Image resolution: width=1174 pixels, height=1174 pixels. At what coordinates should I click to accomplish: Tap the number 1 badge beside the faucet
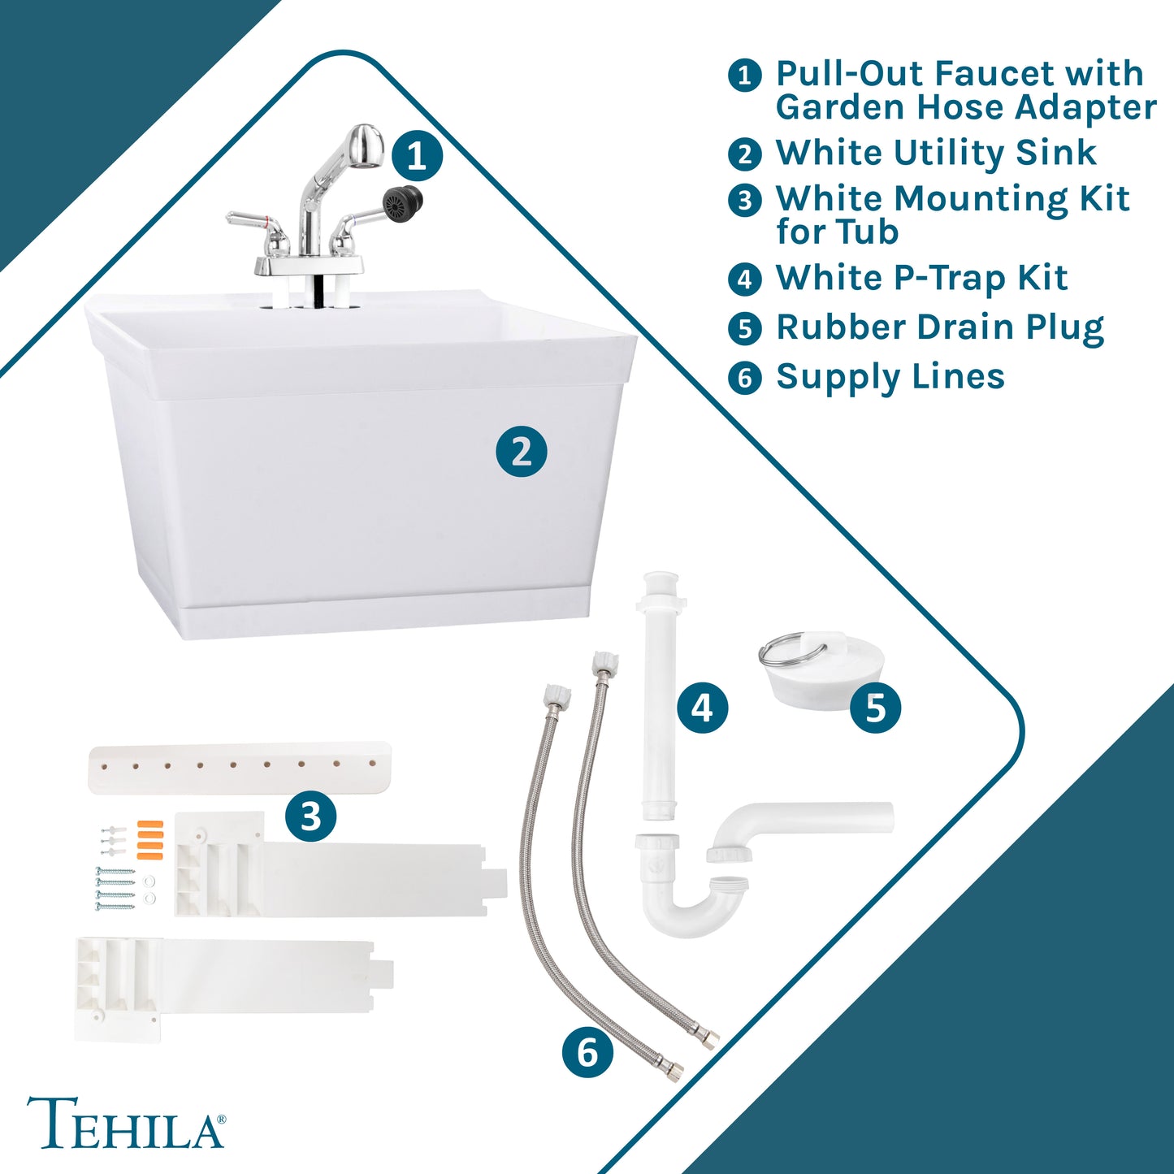pos(417,156)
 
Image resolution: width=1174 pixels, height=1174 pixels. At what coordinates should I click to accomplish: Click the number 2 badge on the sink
pos(522,452)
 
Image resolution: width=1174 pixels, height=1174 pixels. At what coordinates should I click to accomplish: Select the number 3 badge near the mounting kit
pos(310,817)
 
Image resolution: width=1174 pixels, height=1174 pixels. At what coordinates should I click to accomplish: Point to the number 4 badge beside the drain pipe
pos(703,708)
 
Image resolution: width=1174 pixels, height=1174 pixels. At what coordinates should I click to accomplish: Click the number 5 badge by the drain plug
pos(876,708)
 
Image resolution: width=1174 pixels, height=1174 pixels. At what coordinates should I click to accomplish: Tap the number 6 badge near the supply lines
pos(587,1052)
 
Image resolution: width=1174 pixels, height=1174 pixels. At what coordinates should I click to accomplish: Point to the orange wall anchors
pos(149,839)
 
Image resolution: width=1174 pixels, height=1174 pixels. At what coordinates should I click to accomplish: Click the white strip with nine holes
pos(240,766)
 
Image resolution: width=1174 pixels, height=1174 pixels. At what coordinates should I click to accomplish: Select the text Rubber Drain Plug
pos(939,327)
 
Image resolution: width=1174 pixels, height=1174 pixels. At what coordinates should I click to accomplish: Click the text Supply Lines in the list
pos(890,377)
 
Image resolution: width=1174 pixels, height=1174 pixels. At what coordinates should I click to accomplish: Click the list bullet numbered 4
pos(744,279)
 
